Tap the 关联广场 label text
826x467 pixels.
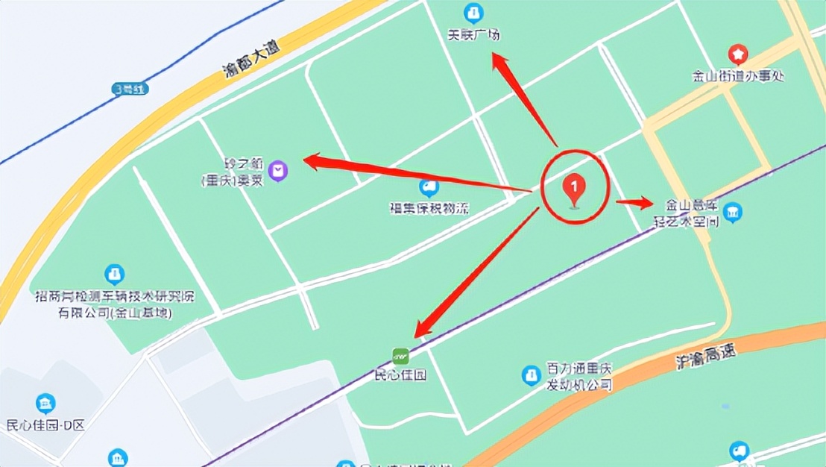[x=473, y=34]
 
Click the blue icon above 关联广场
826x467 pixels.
[x=473, y=13]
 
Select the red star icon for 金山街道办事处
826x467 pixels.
[x=737, y=54]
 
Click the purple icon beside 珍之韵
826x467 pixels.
[x=279, y=172]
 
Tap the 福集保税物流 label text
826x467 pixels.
[x=429, y=209]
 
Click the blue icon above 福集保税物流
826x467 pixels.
[x=429, y=187]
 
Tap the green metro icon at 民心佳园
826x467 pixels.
[x=401, y=355]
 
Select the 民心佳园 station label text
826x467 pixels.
[x=400, y=375]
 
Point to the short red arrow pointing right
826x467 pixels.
[x=634, y=201]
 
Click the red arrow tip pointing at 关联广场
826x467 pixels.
[x=495, y=58]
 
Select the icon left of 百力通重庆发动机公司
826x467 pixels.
[x=531, y=374]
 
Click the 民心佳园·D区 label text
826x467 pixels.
[x=45, y=426]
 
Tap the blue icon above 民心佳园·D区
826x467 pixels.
[x=46, y=404]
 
